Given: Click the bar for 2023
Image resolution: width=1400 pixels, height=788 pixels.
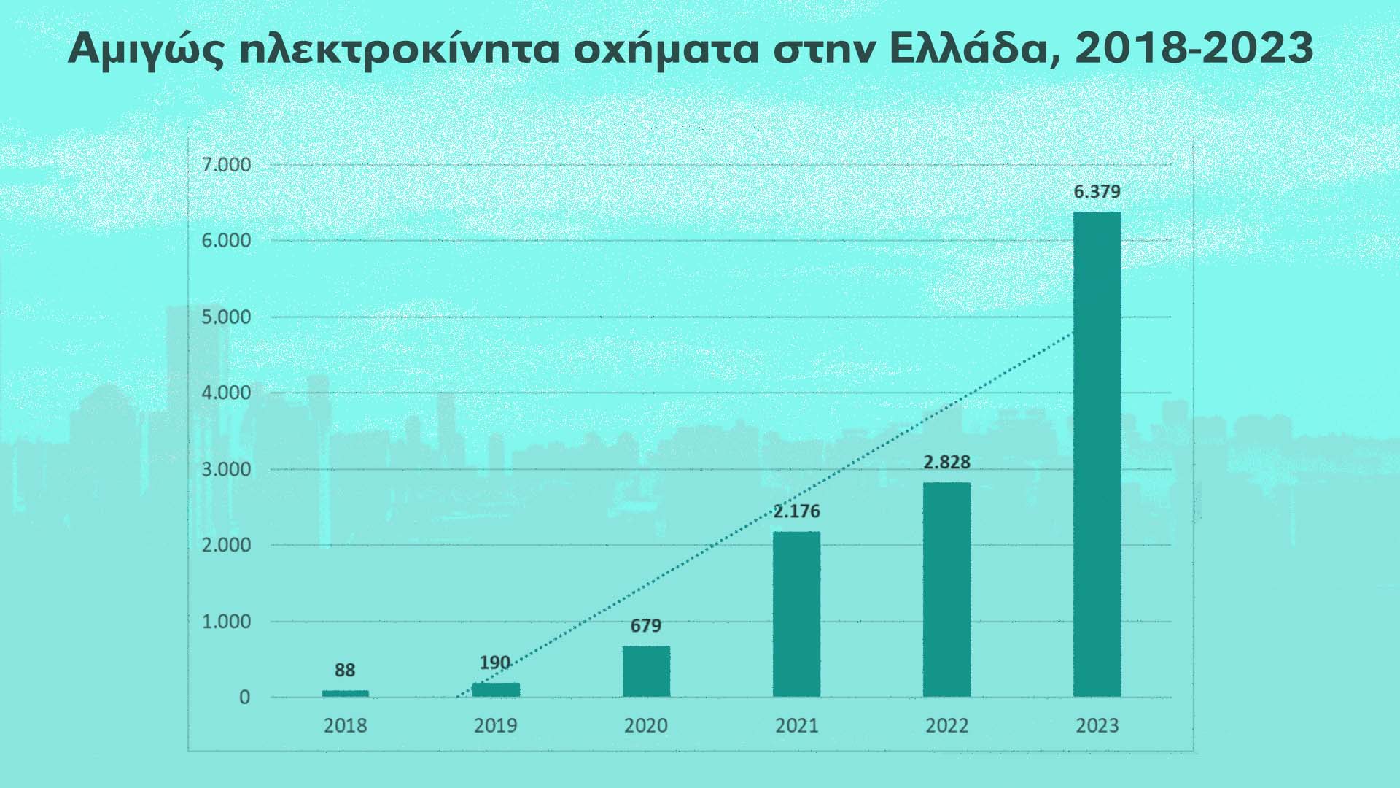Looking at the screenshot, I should click(1097, 454).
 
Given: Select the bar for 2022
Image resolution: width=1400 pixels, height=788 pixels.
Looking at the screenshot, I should click(946, 590).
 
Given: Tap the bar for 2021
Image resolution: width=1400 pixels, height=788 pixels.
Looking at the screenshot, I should click(796, 614).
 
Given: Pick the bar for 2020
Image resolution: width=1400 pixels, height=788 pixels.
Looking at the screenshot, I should click(646, 671).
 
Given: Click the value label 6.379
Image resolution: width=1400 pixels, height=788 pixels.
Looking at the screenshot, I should click(1097, 193).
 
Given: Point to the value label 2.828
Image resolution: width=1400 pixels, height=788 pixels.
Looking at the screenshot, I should click(946, 463).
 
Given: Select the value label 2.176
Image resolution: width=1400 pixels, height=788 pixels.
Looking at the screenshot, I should click(796, 511).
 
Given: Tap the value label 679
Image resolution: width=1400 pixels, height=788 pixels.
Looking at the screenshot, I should click(646, 626).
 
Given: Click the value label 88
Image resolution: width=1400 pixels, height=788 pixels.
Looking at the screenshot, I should click(345, 671).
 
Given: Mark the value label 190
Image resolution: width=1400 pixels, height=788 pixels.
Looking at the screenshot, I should click(495, 663).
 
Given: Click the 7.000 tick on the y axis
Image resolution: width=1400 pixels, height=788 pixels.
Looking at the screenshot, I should click(225, 165).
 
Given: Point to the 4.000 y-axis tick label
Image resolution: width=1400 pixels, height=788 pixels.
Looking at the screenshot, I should click(225, 393).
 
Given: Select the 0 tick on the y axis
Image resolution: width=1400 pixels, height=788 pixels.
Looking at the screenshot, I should click(244, 698).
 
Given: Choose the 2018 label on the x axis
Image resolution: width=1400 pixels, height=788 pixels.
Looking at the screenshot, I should click(345, 726).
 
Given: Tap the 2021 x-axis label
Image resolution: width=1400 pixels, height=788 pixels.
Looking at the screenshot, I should click(796, 726).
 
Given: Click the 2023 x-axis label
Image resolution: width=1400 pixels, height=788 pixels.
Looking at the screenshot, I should click(1097, 726).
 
